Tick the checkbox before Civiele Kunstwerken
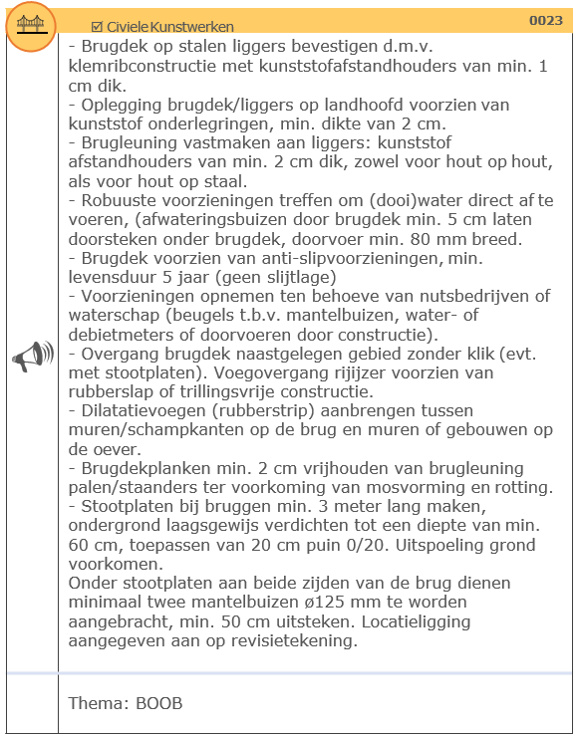97,26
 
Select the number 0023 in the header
545,20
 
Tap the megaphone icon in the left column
32,357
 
